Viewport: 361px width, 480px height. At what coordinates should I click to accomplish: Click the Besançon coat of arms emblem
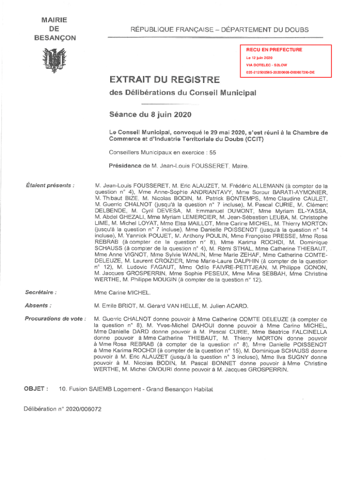coord(53,61)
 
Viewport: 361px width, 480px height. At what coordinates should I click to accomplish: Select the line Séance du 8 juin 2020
coord(150,114)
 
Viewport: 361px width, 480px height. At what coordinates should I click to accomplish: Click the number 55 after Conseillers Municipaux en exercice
coord(213,152)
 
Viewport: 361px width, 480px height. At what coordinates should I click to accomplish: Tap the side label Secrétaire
coord(41,292)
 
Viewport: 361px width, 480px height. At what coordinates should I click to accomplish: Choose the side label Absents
coord(38,306)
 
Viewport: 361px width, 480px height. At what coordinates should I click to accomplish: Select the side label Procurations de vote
coord(55,319)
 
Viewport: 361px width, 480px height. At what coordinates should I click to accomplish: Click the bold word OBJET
coord(34,389)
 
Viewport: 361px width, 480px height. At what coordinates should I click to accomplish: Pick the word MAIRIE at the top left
coord(54,20)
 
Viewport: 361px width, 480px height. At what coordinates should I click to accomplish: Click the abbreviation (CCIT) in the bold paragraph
coord(253,139)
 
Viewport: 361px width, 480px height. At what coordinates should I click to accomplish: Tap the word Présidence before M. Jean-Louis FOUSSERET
coord(125,165)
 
